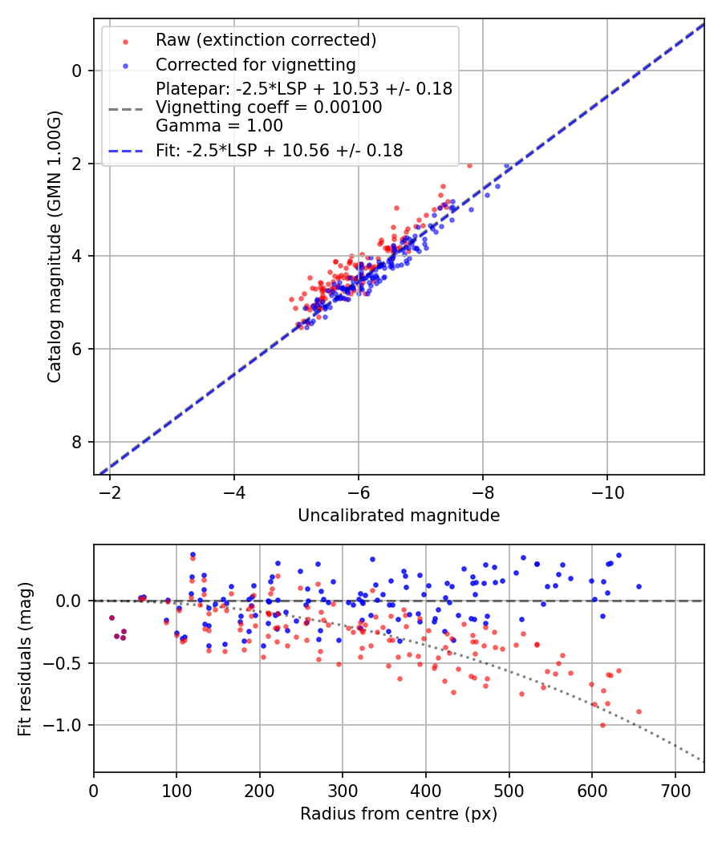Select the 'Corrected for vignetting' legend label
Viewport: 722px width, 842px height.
tap(256, 64)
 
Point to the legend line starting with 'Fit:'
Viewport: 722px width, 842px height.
tap(279, 150)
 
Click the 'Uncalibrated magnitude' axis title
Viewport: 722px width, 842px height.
tap(399, 516)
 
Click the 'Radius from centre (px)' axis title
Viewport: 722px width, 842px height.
tap(399, 814)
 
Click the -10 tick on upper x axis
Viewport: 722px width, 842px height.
tap(606, 491)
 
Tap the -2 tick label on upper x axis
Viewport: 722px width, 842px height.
tap(110, 491)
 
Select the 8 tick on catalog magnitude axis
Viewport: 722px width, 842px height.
tap(78, 442)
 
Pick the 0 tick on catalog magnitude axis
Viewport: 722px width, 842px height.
tap(78, 71)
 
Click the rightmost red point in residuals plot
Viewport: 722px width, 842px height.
tap(639, 711)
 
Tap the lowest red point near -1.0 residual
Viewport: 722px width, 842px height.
tap(602, 725)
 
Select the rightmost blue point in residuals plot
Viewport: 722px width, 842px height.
tap(639, 586)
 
